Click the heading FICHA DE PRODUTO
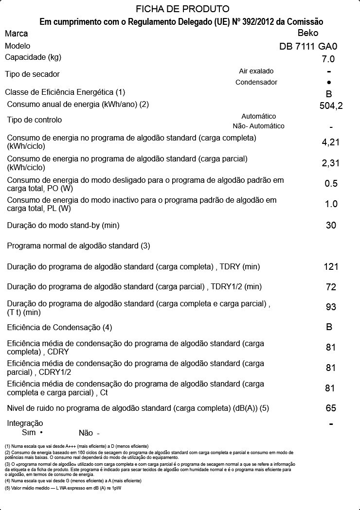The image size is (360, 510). pyautogui.click(x=182, y=9)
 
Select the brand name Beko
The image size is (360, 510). pyautogui.click(x=307, y=33)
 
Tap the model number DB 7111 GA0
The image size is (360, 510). pyautogui.click(x=308, y=47)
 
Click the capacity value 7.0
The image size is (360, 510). pyautogui.click(x=328, y=59)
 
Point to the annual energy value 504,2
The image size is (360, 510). pyautogui.click(x=331, y=106)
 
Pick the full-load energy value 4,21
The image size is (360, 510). pyautogui.click(x=331, y=142)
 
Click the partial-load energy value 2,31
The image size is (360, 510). pyautogui.click(x=331, y=163)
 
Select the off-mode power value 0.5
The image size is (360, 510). pyautogui.click(x=331, y=184)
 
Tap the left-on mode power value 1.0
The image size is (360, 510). pyautogui.click(x=331, y=204)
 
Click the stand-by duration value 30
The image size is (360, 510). pyautogui.click(x=331, y=226)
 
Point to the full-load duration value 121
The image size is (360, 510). pyautogui.click(x=331, y=267)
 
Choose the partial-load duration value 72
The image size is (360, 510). pyautogui.click(x=331, y=287)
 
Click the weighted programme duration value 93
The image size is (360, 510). pyautogui.click(x=331, y=307)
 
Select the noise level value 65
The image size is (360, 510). pyautogui.click(x=331, y=408)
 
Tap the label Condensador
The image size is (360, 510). pyautogui.click(x=256, y=82)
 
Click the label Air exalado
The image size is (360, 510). pyautogui.click(x=256, y=71)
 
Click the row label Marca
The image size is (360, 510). pyautogui.click(x=17, y=34)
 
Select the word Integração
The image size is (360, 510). pyautogui.click(x=25, y=423)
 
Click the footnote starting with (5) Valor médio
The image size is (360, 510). pyautogui.click(x=63, y=488)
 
